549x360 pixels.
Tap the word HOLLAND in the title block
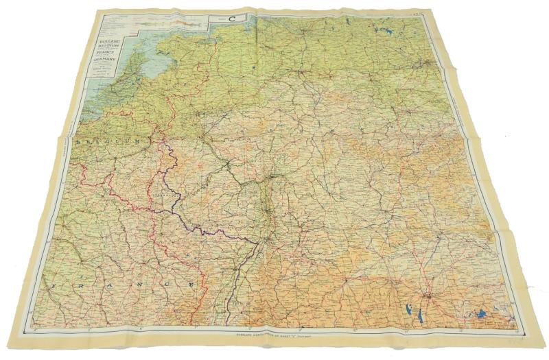(109, 42)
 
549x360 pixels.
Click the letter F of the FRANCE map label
(58, 280)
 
